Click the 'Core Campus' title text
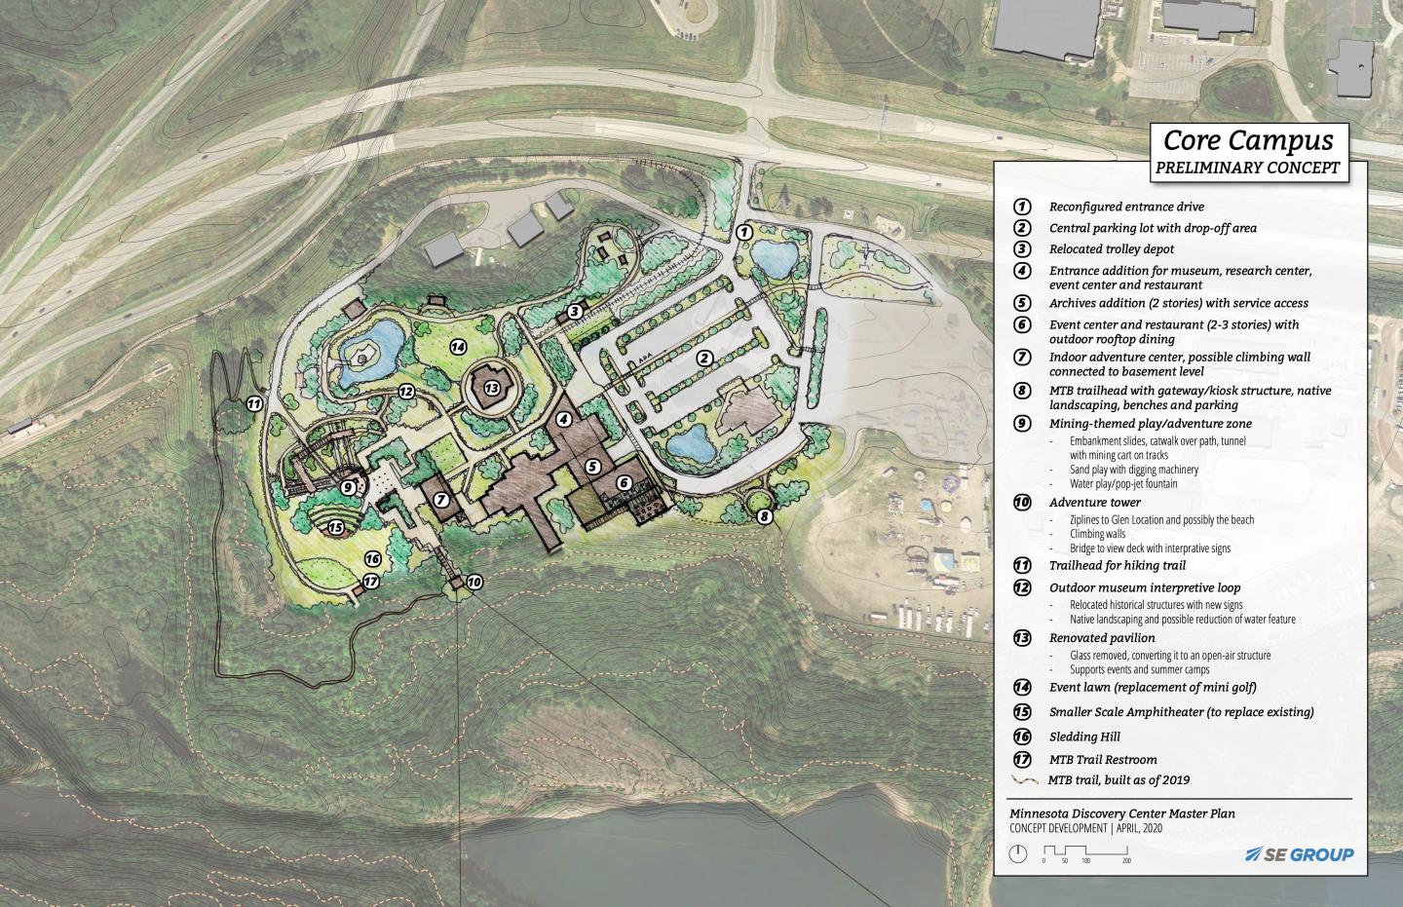pyautogui.click(x=1248, y=141)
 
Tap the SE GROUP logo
pyautogui.click(x=1300, y=854)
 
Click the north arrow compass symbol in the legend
pyautogui.click(x=1018, y=854)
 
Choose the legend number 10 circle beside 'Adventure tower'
pyautogui.click(x=1022, y=503)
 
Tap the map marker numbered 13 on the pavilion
pyautogui.click(x=492, y=387)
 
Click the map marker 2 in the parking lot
pyautogui.click(x=703, y=359)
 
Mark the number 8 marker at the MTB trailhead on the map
pyautogui.click(x=765, y=516)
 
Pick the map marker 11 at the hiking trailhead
pyautogui.click(x=255, y=402)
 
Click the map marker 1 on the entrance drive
pyautogui.click(x=743, y=232)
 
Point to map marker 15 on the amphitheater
pyautogui.click(x=336, y=528)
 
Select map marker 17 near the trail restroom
pyautogui.click(x=370, y=583)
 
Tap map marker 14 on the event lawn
pyautogui.click(x=458, y=346)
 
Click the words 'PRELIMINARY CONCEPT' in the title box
pyautogui.click(x=1247, y=168)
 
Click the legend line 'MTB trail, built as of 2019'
pyautogui.click(x=1119, y=780)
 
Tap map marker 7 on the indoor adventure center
pyautogui.click(x=441, y=500)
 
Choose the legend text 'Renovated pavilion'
pyautogui.click(x=1102, y=639)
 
